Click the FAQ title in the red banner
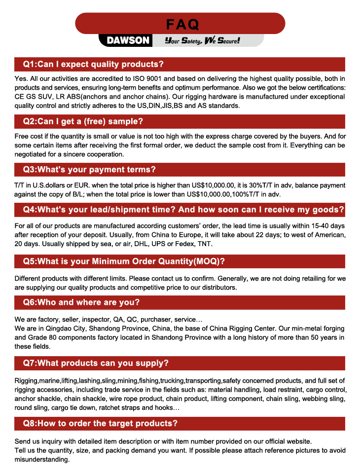coord(182,24)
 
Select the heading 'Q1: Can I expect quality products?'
coord(93,64)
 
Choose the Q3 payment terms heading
coord(89,170)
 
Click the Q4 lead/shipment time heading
coord(183,210)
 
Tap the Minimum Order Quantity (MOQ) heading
coord(124,261)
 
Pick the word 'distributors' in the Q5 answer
coord(216,287)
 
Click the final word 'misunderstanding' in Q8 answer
coord(42,459)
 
